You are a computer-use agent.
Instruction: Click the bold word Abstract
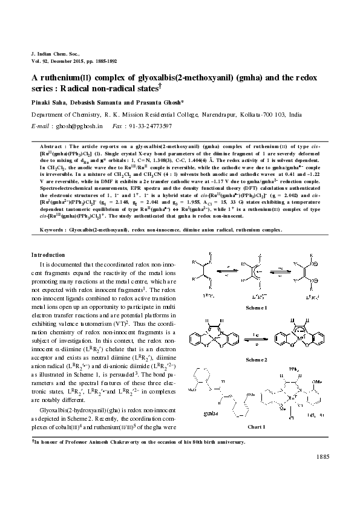click(x=51, y=146)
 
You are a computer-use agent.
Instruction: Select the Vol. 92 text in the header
click(x=41, y=61)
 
